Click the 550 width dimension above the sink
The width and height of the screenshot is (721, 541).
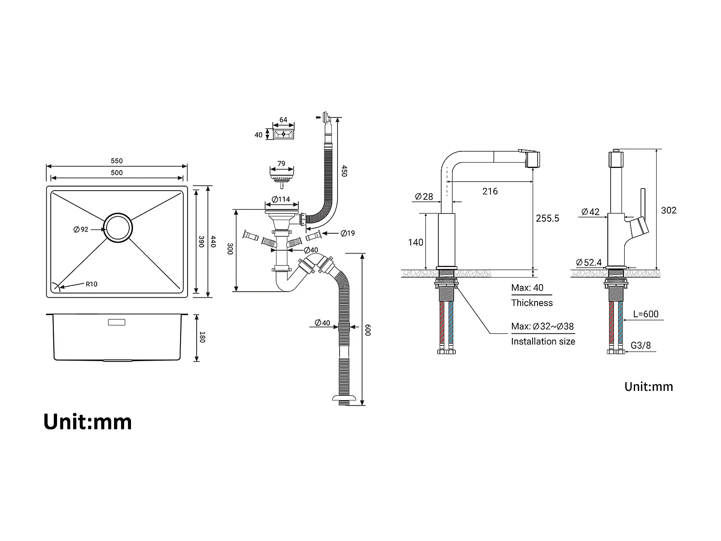point(117,161)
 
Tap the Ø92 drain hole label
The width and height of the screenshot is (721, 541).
point(81,230)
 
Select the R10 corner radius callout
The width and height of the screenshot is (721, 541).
point(91,284)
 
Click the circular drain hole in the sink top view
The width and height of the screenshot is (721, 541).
point(118,227)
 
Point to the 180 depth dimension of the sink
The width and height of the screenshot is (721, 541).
point(202,337)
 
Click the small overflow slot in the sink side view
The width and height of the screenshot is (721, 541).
point(117,322)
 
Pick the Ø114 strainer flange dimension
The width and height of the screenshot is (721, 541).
point(281,199)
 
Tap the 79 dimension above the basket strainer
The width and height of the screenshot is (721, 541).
point(281,164)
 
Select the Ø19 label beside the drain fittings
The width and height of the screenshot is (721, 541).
point(348,233)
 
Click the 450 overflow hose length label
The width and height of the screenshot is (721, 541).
point(344,171)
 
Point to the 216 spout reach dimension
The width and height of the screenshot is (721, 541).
point(490,191)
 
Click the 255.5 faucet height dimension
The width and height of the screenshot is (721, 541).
point(547,218)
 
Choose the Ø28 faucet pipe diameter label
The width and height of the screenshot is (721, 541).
point(424,196)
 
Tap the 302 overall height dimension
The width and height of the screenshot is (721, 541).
point(669,210)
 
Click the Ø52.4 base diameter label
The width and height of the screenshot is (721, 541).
point(589,262)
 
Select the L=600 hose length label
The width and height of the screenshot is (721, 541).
point(646,314)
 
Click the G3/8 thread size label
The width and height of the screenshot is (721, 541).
point(640,345)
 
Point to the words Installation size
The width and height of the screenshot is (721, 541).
point(543,341)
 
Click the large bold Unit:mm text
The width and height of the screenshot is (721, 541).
point(88,422)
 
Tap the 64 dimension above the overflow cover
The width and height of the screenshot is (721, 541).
point(283,120)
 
